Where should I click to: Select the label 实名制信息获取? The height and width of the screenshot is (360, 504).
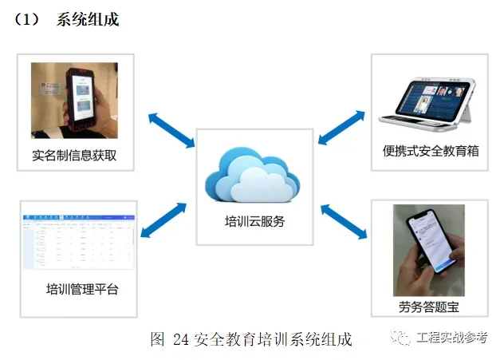point(74,156)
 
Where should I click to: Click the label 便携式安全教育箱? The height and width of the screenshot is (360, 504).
point(431,150)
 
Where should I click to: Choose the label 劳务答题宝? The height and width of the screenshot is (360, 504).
point(429,306)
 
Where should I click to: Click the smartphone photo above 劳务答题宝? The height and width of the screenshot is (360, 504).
point(428,250)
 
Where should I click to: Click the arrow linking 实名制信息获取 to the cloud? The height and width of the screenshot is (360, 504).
point(171,129)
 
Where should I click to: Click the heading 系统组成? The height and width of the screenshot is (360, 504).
point(88,20)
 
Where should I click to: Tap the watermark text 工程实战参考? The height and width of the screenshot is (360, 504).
point(452,338)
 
